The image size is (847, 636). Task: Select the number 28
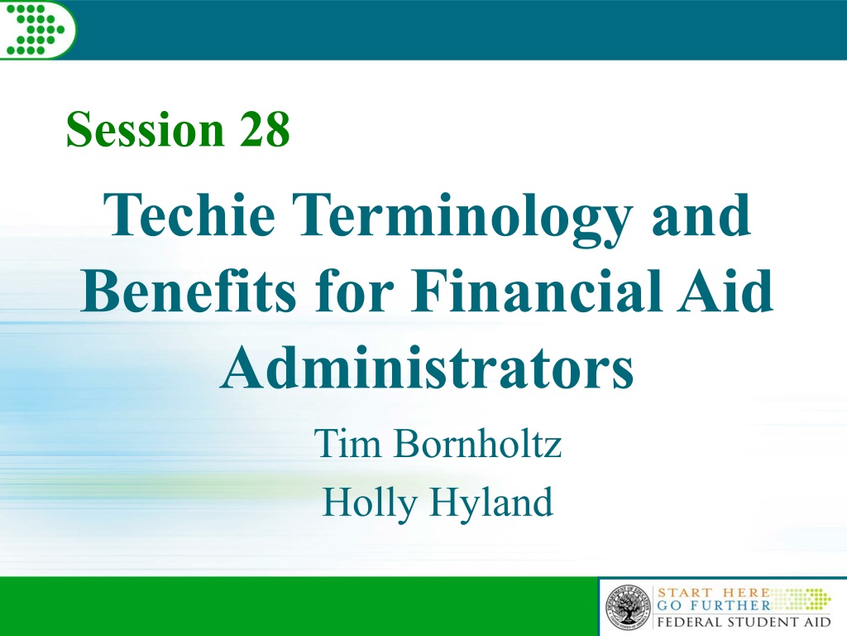(x=264, y=129)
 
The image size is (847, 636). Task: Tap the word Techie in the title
(x=189, y=214)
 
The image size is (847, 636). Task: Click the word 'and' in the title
(x=701, y=214)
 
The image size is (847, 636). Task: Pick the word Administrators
(x=427, y=368)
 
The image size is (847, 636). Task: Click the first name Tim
(x=347, y=443)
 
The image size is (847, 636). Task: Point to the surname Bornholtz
(x=477, y=443)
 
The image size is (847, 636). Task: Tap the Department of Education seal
(x=629, y=607)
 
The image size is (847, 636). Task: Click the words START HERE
(x=713, y=593)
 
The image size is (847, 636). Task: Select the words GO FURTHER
(x=713, y=605)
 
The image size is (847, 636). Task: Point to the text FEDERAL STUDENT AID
(x=744, y=621)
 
